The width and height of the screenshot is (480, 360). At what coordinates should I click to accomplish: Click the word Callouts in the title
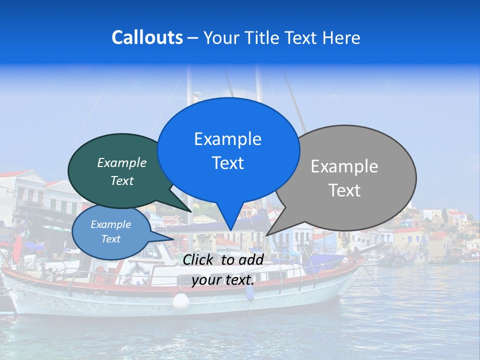coord(147,37)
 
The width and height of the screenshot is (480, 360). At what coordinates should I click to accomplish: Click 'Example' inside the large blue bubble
coord(227,139)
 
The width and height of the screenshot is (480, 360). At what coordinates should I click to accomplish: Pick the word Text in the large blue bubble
coord(227,163)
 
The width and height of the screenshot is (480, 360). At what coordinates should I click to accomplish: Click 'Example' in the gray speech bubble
coord(344,166)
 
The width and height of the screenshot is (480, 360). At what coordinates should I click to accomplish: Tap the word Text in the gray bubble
coord(344,190)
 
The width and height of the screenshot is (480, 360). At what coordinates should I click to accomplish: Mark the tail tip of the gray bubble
coord(267,235)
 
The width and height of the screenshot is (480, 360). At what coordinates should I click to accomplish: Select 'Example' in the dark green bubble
coord(122,162)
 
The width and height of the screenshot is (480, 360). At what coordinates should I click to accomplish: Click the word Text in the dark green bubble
coord(122,180)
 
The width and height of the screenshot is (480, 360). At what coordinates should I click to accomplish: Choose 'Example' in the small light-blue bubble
coord(110,224)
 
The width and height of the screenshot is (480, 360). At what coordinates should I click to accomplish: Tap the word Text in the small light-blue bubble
coord(110,239)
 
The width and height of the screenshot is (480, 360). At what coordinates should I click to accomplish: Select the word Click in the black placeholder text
coord(199,259)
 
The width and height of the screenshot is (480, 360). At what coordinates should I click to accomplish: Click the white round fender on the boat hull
coord(180,301)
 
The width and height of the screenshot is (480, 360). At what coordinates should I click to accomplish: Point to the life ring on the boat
coord(136,270)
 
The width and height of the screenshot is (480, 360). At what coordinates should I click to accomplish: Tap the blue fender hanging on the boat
coord(249,292)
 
